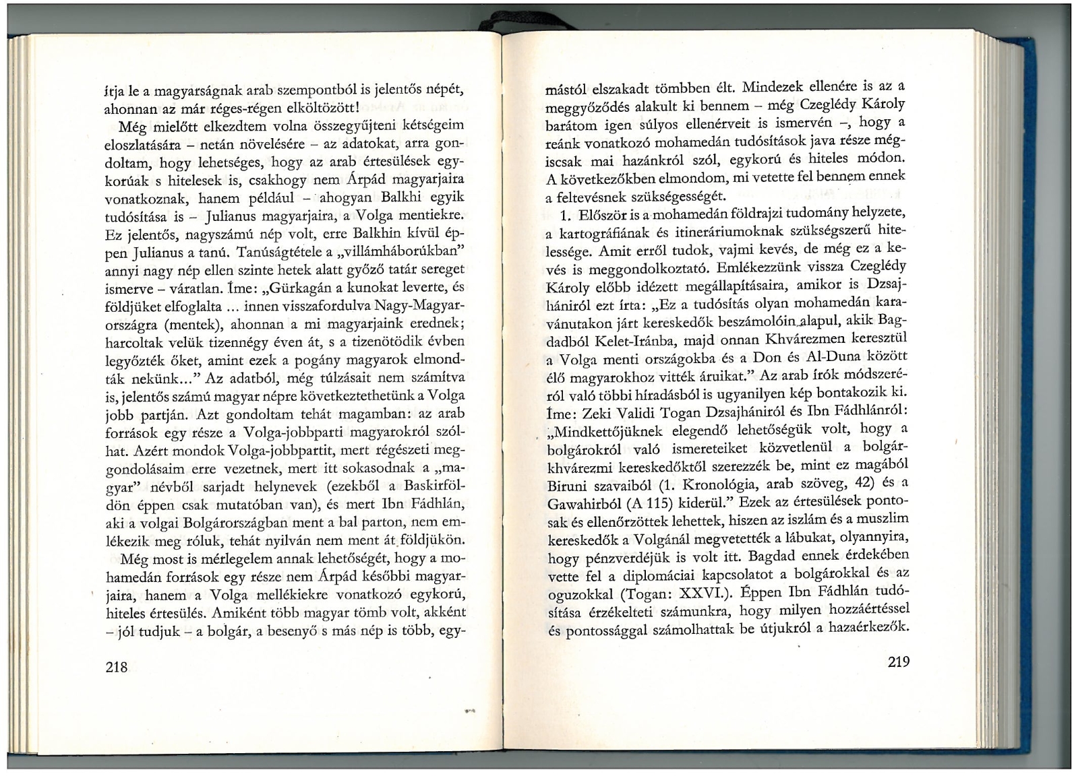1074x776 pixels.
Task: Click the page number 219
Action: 899,661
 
